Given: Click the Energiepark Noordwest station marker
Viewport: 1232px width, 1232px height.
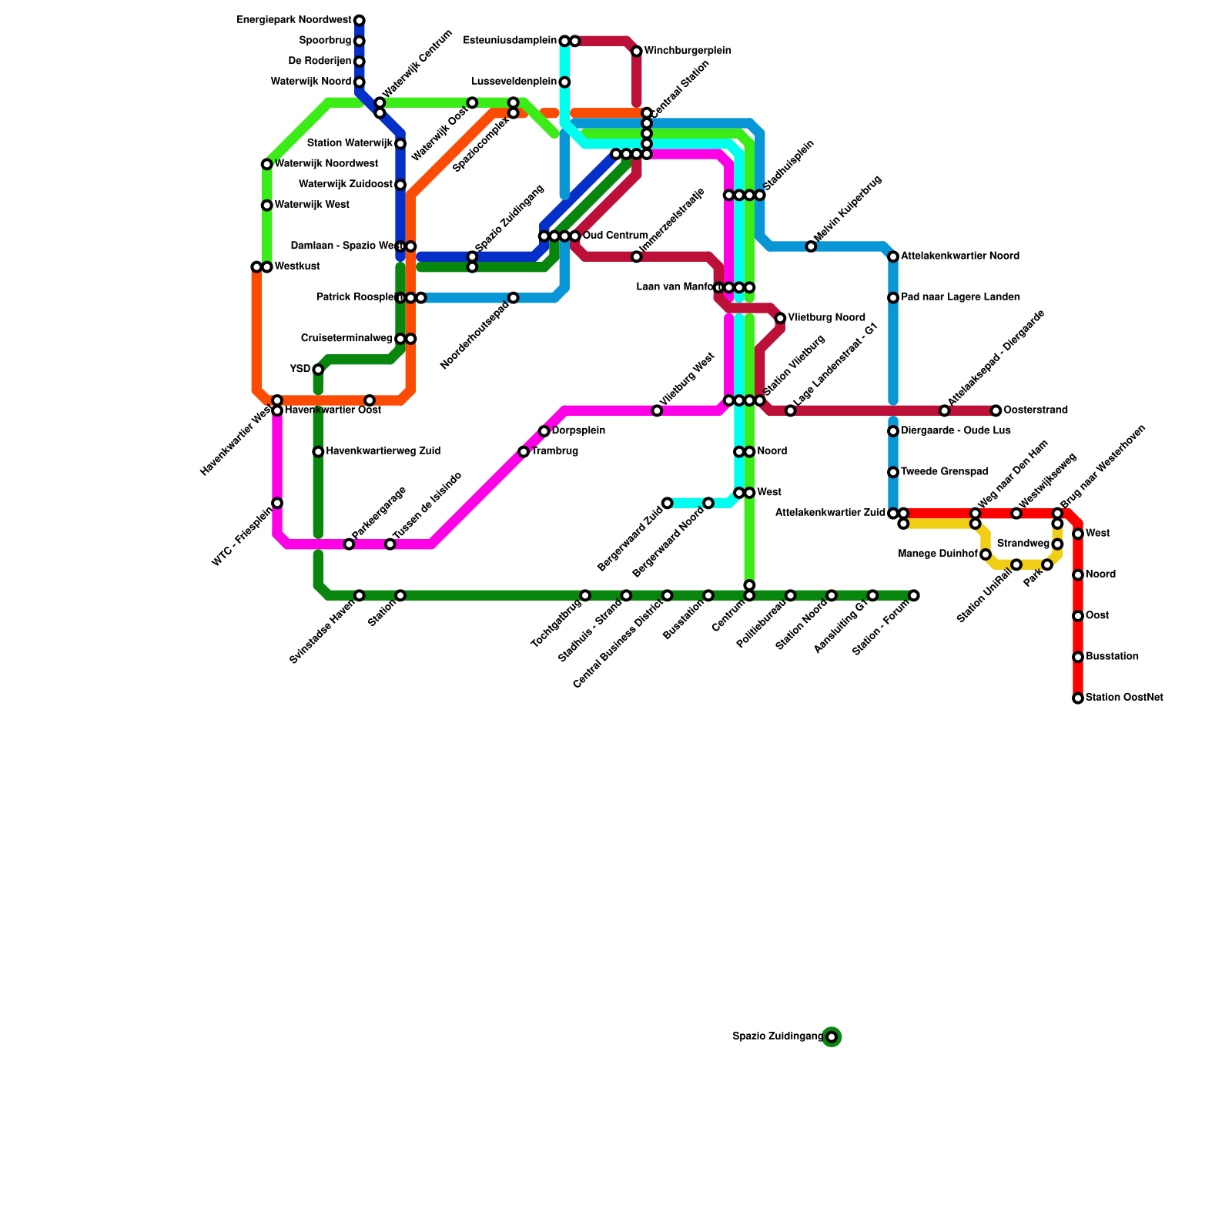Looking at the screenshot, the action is coord(360,21).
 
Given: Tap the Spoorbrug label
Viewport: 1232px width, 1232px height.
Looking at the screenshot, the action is coord(326,41).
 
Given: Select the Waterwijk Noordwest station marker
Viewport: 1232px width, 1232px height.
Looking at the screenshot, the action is coord(266,164).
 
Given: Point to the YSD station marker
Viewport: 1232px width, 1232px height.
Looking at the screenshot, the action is coord(318,370).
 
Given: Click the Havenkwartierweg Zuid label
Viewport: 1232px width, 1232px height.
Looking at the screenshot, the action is coord(383,451).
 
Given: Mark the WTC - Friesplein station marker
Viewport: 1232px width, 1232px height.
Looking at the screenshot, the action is coord(277,504).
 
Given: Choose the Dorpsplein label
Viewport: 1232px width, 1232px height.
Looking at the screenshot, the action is coord(578,431).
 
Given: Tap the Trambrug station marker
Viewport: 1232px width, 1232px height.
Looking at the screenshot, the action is coord(524,452).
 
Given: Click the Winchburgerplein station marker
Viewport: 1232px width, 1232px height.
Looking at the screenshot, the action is coord(637,52).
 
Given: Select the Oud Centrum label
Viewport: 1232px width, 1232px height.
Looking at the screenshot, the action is coord(615,236).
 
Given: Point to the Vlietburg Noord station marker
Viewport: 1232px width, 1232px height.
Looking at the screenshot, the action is coord(780,318).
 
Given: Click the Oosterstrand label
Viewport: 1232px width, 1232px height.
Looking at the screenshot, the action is coord(1036,410).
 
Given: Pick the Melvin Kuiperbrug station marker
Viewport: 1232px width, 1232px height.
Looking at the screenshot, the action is coord(811,246).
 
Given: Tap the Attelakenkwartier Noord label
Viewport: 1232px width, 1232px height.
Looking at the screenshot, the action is coord(959,256).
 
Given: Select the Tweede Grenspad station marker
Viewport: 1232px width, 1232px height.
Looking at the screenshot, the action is coord(893,472).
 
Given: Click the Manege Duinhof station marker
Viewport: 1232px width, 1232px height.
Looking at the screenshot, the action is coord(986,554).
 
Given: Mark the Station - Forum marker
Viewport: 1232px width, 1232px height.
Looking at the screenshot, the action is coord(914,595).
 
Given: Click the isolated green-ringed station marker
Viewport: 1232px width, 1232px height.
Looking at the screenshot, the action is coord(832,1037).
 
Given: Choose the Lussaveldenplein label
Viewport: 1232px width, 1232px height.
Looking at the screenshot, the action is coord(514,82).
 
